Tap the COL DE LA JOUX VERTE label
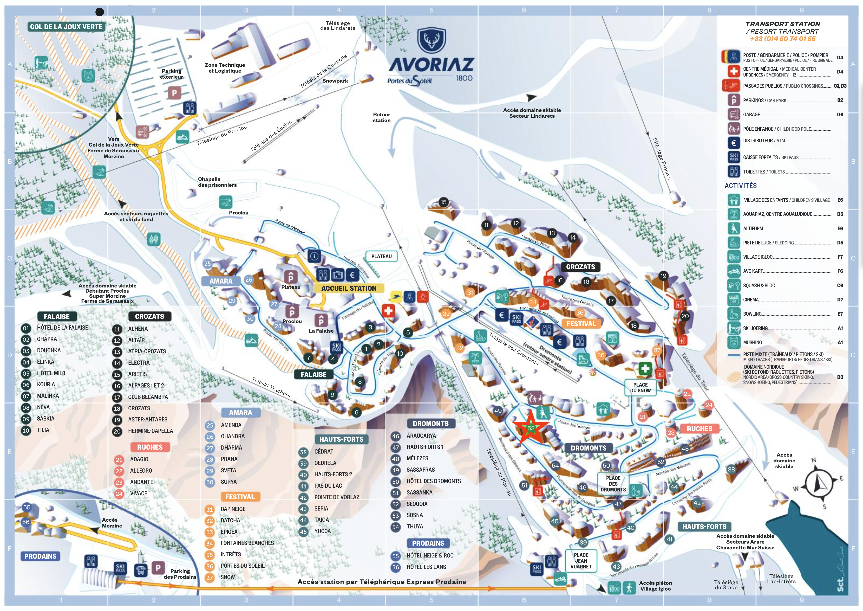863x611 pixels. pos(66,27)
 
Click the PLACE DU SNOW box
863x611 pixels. pos(640,387)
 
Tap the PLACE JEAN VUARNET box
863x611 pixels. pos(581,561)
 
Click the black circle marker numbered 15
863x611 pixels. pos(443,202)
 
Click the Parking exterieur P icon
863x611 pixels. pos(174,93)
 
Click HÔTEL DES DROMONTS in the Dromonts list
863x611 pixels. pos(433,481)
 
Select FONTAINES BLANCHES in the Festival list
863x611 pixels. pos(247,543)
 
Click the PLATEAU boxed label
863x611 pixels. pos(381,256)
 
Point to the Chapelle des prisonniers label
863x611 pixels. pos(217,182)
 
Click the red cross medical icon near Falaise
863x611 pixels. pos(388,311)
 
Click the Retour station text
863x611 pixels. pos(381,117)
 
